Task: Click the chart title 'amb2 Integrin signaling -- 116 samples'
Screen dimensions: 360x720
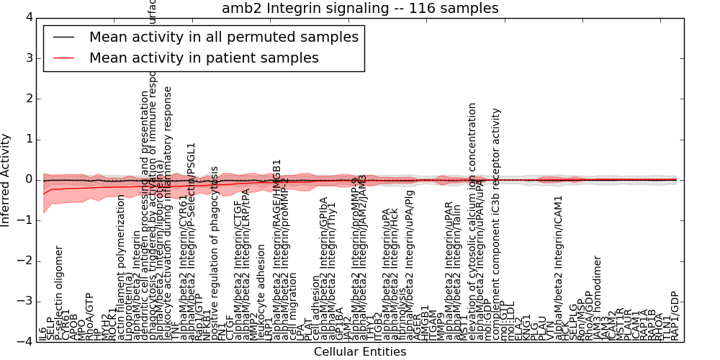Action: [360, 9]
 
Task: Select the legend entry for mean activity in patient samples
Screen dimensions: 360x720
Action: [204, 58]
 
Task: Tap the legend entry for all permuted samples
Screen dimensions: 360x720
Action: [224, 37]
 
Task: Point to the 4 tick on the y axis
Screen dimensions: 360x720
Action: [28, 17]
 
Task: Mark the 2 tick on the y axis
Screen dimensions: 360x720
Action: [28, 99]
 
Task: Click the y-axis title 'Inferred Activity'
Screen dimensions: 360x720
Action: [6, 180]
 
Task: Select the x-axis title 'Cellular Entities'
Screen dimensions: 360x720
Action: [360, 352]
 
